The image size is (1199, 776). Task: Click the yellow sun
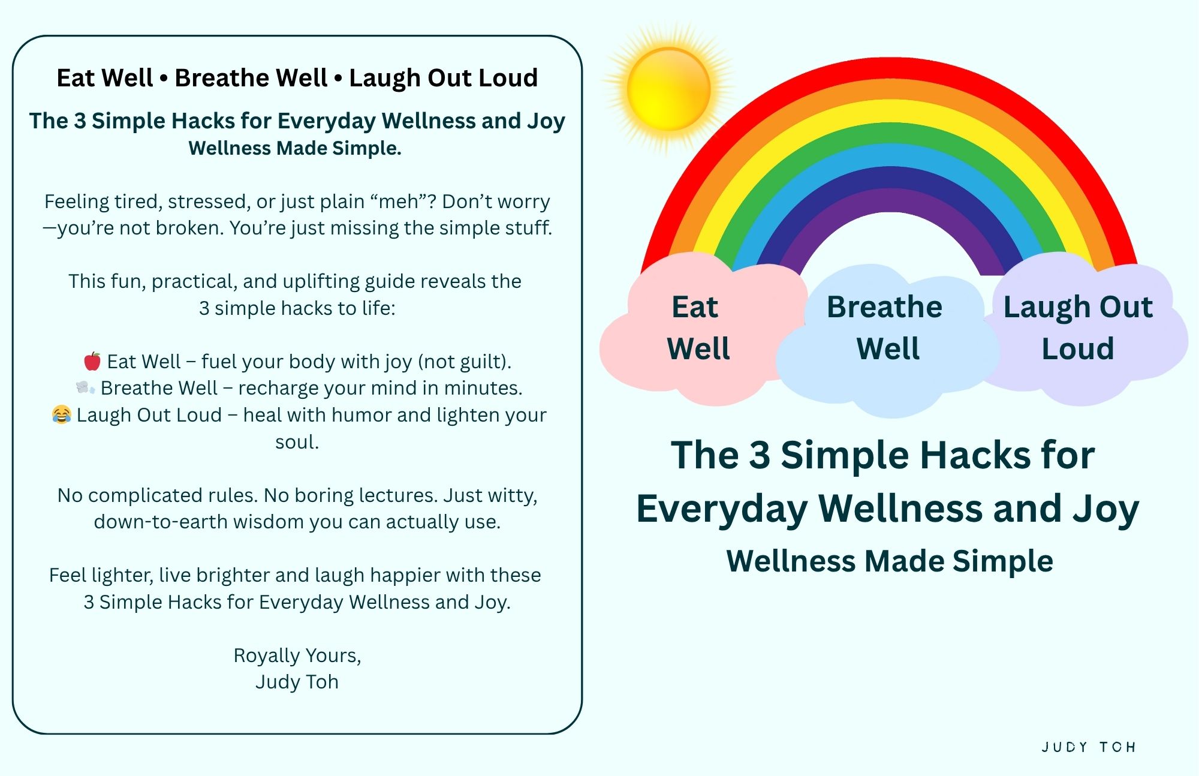point(668,89)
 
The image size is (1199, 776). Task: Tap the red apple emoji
point(92,361)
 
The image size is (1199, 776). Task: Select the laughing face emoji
point(61,414)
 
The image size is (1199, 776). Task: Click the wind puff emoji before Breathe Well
point(85,387)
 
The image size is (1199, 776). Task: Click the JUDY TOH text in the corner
point(1089,747)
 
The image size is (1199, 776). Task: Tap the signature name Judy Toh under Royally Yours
point(297,682)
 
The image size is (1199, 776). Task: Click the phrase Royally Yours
point(297,655)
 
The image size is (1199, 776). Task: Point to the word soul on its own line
point(297,442)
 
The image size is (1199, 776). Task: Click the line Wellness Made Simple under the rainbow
point(890,561)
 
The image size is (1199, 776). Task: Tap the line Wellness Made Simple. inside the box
point(295,148)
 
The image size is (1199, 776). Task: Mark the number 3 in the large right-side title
point(760,455)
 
